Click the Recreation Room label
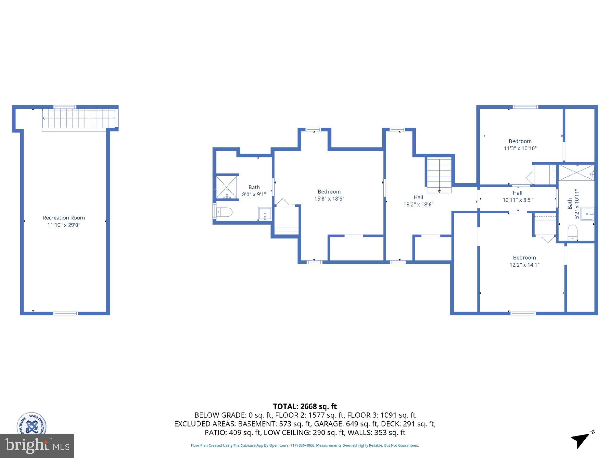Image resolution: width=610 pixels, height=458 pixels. (63, 218)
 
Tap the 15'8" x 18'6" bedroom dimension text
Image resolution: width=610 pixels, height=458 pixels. (329, 199)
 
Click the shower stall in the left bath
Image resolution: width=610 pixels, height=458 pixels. (226, 187)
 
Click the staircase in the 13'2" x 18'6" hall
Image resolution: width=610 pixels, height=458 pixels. (439, 175)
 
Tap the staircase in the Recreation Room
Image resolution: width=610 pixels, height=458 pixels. (79, 118)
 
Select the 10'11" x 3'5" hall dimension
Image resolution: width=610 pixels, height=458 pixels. (517, 200)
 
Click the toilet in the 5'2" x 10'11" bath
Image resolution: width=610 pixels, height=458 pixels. (572, 232)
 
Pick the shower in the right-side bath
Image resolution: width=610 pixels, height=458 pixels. (576, 173)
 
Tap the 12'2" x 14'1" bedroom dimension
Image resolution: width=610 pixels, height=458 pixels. (524, 265)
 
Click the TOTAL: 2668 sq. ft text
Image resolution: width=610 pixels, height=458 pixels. (305, 406)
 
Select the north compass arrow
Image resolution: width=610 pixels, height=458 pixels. (580, 440)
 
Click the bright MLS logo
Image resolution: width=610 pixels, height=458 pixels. (37, 445)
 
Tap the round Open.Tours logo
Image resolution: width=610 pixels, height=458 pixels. (32, 423)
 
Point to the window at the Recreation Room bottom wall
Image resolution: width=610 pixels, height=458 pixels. (66, 313)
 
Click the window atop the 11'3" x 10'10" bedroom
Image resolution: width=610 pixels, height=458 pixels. (525, 107)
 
